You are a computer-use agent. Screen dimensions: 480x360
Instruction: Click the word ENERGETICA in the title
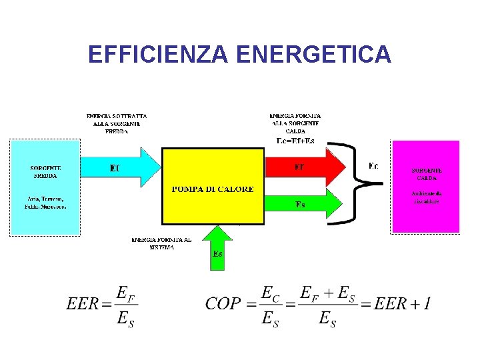pyautogui.click(x=313, y=54)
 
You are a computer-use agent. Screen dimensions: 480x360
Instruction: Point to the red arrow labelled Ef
pyautogui.click(x=303, y=167)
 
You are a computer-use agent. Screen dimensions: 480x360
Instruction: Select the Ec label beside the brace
pyautogui.click(x=373, y=165)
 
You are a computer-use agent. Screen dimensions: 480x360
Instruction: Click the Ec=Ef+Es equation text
pyautogui.click(x=295, y=140)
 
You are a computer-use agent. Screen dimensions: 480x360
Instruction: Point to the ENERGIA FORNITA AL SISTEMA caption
pyautogui.click(x=161, y=243)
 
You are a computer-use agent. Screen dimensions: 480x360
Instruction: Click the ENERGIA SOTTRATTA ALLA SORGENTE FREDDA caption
pyautogui.click(x=117, y=123)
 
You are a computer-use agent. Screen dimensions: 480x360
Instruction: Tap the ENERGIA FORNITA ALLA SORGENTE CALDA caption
pyautogui.click(x=295, y=123)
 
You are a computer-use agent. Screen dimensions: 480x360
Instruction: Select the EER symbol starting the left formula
pyautogui.click(x=82, y=305)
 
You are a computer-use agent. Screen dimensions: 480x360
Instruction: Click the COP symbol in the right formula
pyautogui.click(x=223, y=304)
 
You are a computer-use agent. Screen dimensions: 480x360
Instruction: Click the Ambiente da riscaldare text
pyautogui.click(x=426, y=197)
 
